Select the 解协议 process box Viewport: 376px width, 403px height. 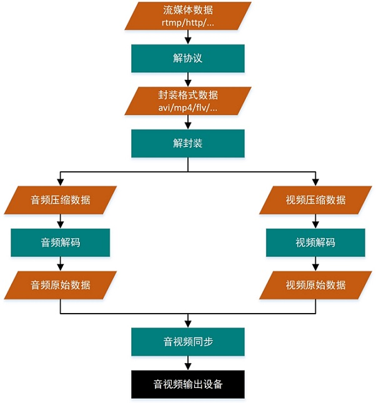[188, 58]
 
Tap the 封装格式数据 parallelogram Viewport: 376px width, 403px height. [188, 101]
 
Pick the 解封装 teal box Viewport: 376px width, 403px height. [188, 143]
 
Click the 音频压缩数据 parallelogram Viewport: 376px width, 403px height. [60, 200]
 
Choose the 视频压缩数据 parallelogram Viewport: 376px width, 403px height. [315, 200]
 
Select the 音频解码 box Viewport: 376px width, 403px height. [60, 242]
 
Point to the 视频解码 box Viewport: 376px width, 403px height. [315, 242]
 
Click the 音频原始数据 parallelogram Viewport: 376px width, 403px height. [60, 285]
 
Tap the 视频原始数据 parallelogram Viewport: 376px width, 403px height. [315, 285]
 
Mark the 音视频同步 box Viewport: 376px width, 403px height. [188, 342]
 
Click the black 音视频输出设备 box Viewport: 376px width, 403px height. [188, 384]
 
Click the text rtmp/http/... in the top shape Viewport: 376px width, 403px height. [188, 23]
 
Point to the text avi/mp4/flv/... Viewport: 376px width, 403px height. [188, 108]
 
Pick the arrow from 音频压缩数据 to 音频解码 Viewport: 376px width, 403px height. [60, 221]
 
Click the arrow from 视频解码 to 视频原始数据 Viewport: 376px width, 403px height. [315, 264]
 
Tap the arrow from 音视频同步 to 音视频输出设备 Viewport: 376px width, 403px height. [188, 363]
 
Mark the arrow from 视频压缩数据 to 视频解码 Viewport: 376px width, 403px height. [315, 221]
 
